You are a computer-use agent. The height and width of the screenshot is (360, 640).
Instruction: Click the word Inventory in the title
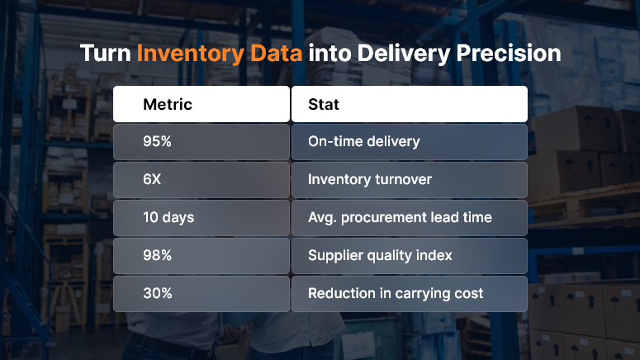[189, 54]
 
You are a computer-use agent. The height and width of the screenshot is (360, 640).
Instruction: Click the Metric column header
[168, 105]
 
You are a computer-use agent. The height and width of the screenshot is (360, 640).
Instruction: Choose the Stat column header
[324, 105]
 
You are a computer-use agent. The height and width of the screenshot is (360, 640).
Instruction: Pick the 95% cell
[157, 141]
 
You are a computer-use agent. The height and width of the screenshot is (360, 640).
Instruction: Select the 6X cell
[153, 179]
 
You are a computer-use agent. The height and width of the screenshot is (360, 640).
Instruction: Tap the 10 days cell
[168, 217]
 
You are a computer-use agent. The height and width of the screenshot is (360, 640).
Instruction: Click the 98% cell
[157, 255]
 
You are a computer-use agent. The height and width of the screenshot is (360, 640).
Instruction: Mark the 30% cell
[157, 293]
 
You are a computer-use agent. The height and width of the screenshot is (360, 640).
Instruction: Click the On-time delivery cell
[363, 141]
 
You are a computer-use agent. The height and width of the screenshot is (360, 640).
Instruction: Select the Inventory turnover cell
[369, 179]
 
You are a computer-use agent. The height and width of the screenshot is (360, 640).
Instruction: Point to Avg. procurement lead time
[400, 217]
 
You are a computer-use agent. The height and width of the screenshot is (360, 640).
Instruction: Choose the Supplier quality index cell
[380, 255]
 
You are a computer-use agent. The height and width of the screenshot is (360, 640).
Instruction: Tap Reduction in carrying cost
[395, 293]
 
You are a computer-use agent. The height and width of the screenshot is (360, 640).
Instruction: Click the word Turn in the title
[105, 54]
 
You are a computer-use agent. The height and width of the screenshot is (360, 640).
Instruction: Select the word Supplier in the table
[335, 255]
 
